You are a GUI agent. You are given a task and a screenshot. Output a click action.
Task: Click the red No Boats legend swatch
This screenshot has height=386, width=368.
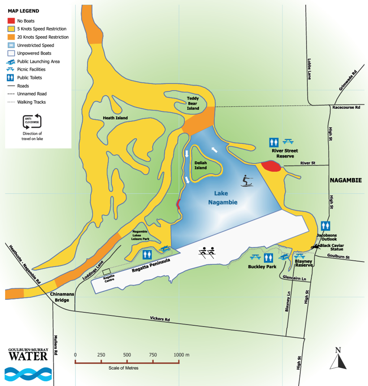click(11, 21)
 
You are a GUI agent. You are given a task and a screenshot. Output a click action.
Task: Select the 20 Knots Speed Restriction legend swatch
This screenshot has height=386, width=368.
click(11, 37)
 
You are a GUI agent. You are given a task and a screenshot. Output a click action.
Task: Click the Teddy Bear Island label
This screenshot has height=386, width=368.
click(193, 103)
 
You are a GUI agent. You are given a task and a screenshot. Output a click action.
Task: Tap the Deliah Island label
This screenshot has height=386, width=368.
click(201, 165)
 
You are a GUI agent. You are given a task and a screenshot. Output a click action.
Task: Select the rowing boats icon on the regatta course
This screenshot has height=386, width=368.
click(207, 252)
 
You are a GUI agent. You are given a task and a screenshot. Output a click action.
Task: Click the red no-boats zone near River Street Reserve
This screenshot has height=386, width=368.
click(271, 165)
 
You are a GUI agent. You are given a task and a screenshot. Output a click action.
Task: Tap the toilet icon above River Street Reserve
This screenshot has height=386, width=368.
click(274, 142)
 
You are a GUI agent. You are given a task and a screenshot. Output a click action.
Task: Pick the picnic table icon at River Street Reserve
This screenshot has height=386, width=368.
click(288, 141)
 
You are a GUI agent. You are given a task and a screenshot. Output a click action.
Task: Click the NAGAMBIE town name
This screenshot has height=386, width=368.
click(345, 180)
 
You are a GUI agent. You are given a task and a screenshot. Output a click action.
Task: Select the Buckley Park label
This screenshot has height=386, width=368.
click(262, 267)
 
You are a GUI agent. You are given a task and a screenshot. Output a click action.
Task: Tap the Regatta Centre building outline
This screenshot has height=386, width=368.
click(106, 272)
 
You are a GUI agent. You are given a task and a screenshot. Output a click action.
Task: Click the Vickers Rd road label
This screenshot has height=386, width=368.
click(160, 319)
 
